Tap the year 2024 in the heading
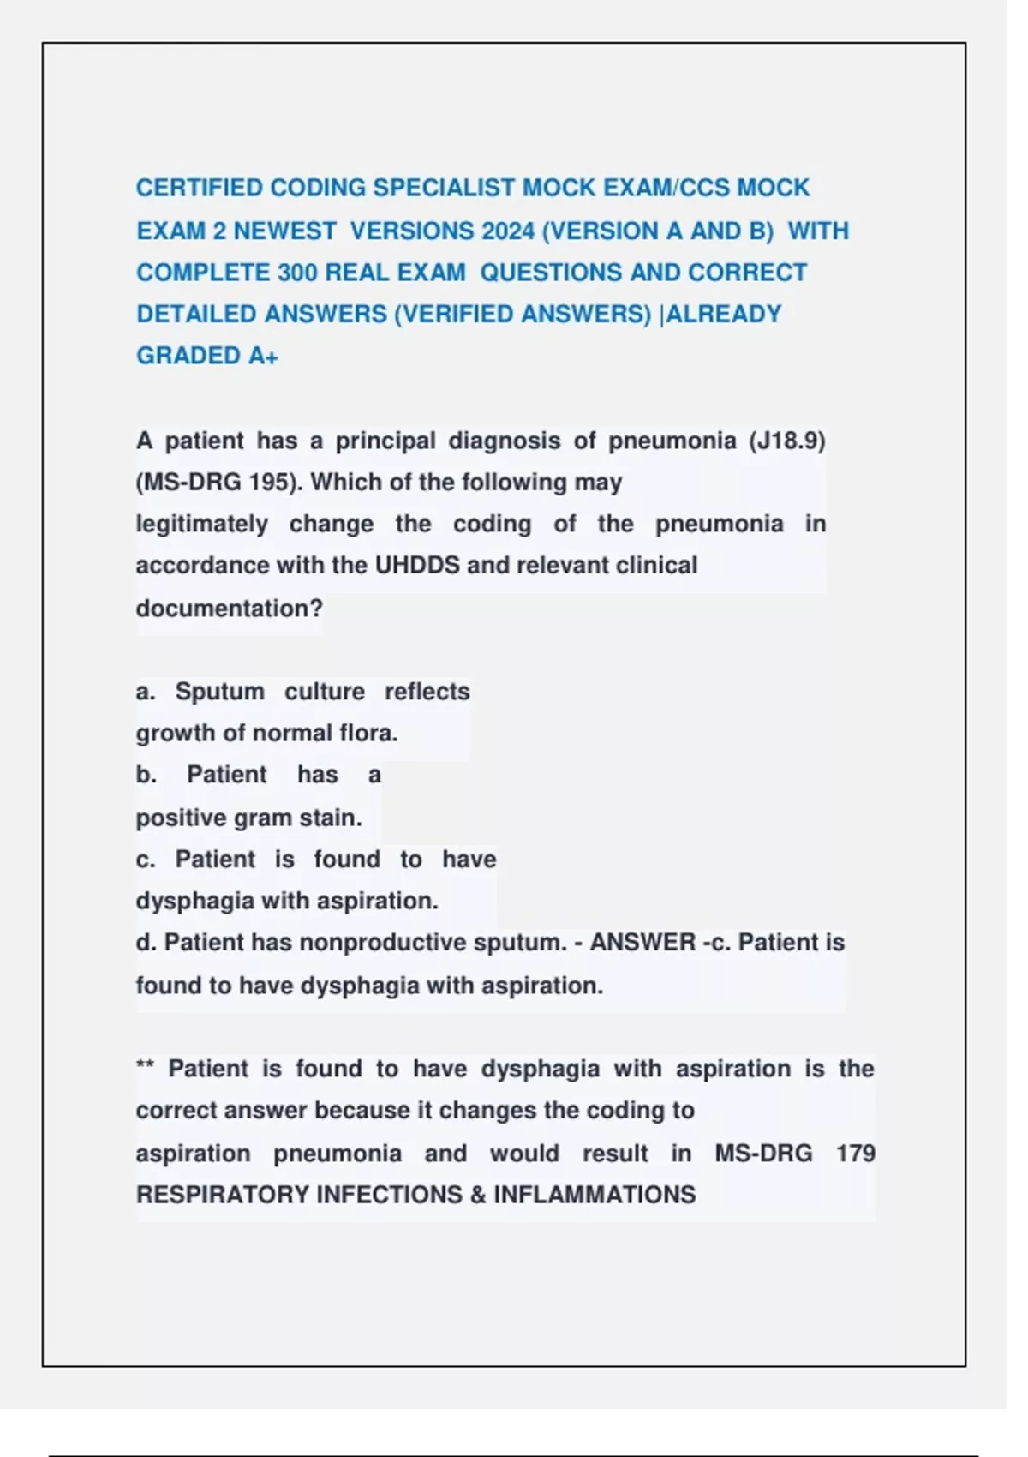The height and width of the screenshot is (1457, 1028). pos(508,231)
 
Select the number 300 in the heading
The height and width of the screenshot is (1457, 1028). pos(297,273)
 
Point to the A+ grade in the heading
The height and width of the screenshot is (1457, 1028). pos(263,356)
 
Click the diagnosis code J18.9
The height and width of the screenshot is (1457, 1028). pos(786,441)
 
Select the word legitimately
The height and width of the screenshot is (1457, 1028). pos(201,524)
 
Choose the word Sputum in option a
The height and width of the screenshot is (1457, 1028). pos(219,692)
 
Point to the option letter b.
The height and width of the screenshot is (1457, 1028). pos(146,775)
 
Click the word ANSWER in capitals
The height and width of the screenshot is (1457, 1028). pos(642,943)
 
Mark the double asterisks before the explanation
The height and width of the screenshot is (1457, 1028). pos(144,1067)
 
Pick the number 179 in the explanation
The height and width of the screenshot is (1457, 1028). pos(855,1154)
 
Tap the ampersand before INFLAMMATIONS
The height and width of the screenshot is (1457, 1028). pos(478,1195)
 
